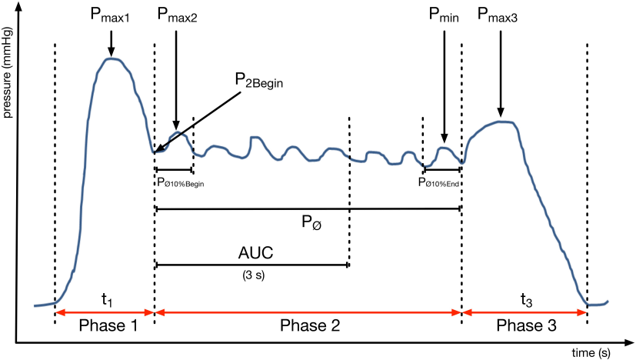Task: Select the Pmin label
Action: [x=445, y=15]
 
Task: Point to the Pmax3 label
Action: [x=498, y=15]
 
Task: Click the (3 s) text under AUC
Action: [x=251, y=273]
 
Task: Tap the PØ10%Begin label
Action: [x=180, y=183]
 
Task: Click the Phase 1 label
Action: [x=108, y=325]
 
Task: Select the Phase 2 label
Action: [x=308, y=325]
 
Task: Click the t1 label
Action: [x=108, y=300]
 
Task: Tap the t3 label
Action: [x=525, y=300]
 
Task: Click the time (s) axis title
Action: [x=590, y=352]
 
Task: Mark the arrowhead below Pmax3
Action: [x=501, y=115]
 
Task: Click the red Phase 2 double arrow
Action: [x=308, y=312]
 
